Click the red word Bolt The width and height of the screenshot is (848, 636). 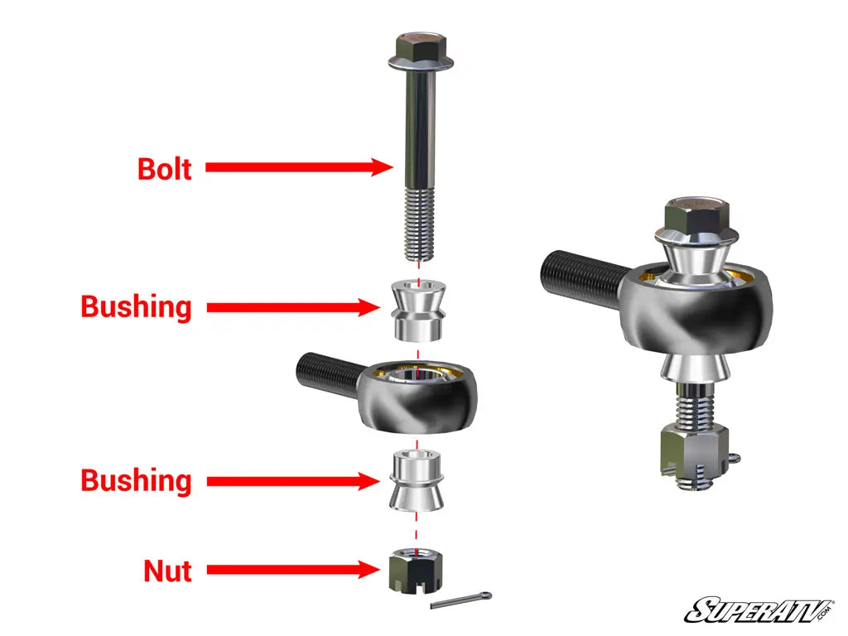[x=165, y=168]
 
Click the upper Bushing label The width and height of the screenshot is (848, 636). [x=137, y=307]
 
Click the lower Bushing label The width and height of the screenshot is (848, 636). [x=137, y=481]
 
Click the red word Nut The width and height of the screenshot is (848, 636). [x=167, y=571]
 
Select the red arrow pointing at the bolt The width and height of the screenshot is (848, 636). [x=298, y=167]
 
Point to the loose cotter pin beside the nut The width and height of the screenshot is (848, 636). [x=461, y=600]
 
